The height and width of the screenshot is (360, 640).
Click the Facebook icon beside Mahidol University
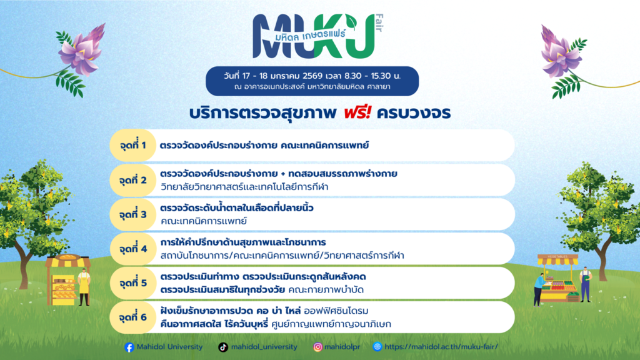(129, 347)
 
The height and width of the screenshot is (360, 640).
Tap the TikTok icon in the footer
(223, 347)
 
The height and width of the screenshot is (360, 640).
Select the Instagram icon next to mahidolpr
(317, 347)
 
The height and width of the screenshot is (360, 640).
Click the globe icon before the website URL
(377, 346)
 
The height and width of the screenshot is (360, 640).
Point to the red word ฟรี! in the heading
(357, 112)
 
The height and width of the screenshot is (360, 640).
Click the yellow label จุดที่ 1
(132, 145)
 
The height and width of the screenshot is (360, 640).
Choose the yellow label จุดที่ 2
(132, 180)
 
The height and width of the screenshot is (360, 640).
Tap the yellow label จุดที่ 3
(132, 214)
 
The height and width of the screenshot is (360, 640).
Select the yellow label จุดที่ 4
(132, 249)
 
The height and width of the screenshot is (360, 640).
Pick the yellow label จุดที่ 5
(132, 283)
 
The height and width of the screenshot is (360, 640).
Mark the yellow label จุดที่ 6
(132, 317)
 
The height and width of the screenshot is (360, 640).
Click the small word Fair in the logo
(379, 23)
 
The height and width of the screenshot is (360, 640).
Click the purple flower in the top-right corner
(560, 51)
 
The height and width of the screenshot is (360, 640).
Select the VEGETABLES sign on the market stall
(557, 256)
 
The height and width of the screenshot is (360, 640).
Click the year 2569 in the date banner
(312, 76)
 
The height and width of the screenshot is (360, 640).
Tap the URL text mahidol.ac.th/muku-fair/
(441, 346)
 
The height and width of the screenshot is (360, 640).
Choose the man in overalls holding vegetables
(585, 284)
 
